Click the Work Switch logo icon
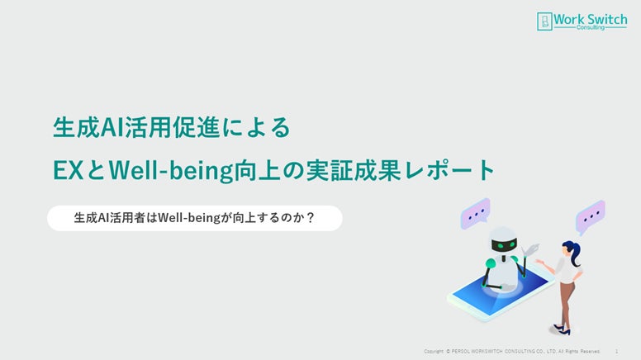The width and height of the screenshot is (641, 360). click(x=544, y=21)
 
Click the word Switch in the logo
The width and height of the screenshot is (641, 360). click(x=607, y=19)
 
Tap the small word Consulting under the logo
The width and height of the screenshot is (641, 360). click(x=591, y=28)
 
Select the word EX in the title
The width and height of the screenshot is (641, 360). click(x=69, y=170)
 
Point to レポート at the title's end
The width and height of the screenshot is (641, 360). click(x=449, y=170)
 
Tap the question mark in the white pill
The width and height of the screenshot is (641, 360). click(x=311, y=217)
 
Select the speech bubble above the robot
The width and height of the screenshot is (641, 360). click(x=475, y=213)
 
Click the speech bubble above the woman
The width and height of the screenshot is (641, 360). click(x=591, y=216)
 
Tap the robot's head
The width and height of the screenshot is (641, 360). click(x=503, y=240)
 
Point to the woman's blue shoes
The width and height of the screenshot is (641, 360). click(x=562, y=329)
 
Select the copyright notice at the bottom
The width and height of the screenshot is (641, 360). click(x=512, y=352)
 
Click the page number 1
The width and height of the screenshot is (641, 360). click(x=616, y=352)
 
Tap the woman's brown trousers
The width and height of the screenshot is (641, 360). click(x=567, y=302)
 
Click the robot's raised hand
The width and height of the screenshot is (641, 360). click(x=531, y=249)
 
